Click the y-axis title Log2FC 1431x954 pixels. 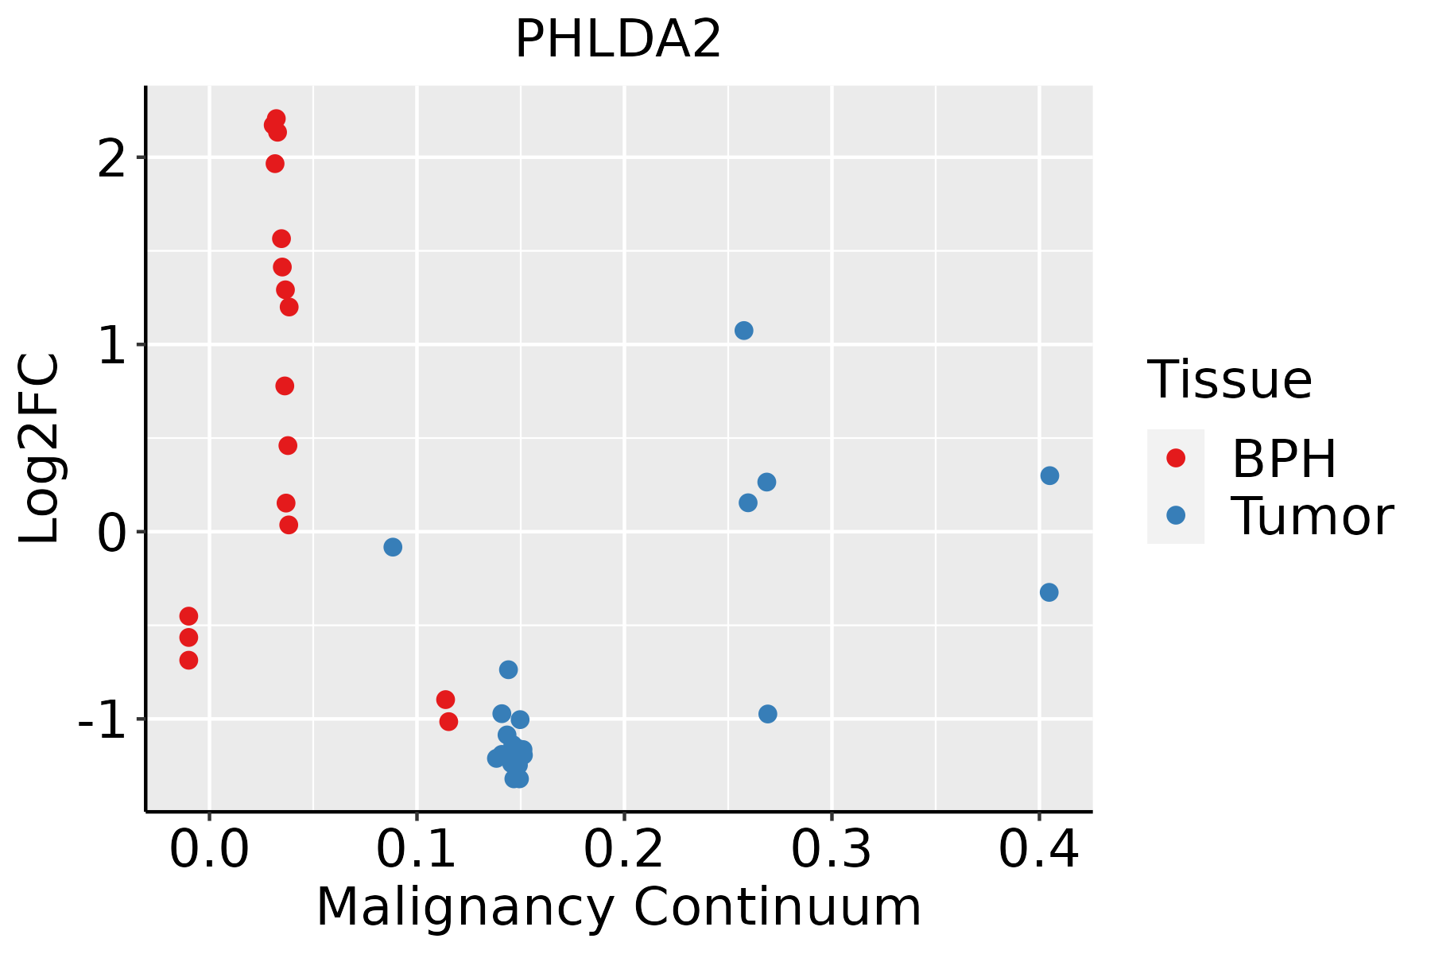pos(40,448)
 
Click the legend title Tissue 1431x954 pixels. pos(1229,380)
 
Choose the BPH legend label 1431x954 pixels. pos(1283,459)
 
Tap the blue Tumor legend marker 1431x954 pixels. pos(1175,515)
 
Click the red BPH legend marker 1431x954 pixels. pos(1175,458)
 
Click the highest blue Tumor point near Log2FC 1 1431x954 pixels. pos(743,331)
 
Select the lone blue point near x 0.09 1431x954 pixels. pos(393,547)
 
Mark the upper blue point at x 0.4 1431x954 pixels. pos(1049,475)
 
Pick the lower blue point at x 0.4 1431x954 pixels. pos(1049,592)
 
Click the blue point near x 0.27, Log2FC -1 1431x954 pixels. pos(767,714)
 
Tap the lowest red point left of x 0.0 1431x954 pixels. pos(188,660)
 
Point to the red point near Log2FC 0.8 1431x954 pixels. pos(285,386)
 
